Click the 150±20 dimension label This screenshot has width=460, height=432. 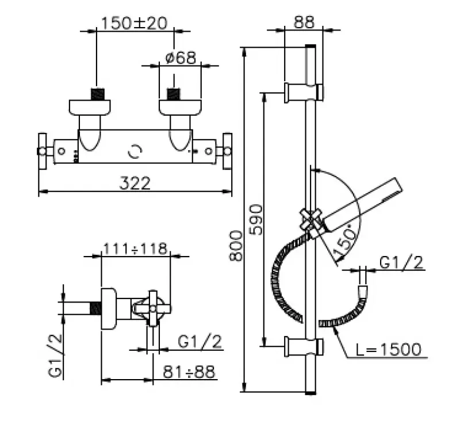coord(135,23)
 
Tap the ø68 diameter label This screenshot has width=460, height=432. coord(181,58)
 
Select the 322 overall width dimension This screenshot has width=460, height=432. coord(135,183)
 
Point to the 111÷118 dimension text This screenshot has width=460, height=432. coord(136,249)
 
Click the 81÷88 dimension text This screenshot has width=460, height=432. coord(189,372)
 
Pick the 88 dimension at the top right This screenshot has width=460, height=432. coord(304,22)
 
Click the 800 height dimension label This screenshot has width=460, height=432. coord(236,246)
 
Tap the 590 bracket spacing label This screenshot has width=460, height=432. coord(256,220)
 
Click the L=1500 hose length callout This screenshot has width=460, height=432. coord(389,349)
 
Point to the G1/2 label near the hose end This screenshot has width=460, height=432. coord(401,262)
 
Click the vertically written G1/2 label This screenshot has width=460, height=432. coord(55,355)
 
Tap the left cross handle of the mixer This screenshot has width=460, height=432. coord(43,151)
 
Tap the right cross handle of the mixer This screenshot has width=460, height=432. coord(227,151)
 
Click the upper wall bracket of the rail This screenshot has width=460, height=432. coord(304,93)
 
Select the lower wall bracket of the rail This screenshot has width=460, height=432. coord(304,347)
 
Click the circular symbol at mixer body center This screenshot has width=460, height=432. coord(135,151)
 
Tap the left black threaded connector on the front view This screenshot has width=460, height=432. coord(98,94)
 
